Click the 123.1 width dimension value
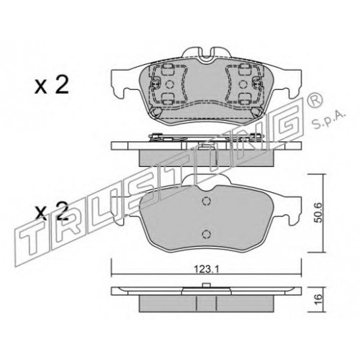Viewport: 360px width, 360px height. pyautogui.click(x=206, y=269)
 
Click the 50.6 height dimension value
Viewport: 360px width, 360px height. pyautogui.click(x=318, y=214)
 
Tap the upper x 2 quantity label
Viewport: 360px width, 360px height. pyautogui.click(x=52, y=85)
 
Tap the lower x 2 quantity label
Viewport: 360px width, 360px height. pyautogui.click(x=52, y=212)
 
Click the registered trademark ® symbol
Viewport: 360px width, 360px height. pyautogui.click(x=316, y=102)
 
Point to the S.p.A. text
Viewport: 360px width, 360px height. pyautogui.click(x=329, y=120)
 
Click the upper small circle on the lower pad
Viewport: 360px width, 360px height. pyautogui.click(x=206, y=201)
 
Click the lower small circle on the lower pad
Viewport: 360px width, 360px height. pyautogui.click(x=206, y=234)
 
